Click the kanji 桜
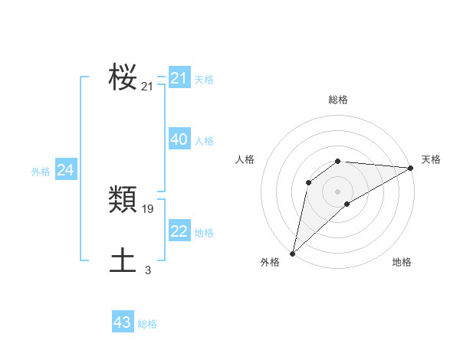click(123, 77)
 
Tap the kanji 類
click(123, 200)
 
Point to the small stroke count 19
click(148, 208)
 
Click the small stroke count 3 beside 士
click(148, 270)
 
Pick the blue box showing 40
click(179, 139)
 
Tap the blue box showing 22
click(179, 231)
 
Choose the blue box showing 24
click(66, 170)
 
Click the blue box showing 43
click(123, 322)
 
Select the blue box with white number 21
click(179, 78)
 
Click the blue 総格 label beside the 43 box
click(147, 324)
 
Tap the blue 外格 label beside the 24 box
click(41, 172)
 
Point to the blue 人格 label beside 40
click(204, 141)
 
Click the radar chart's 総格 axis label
click(337, 100)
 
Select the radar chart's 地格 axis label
click(402, 263)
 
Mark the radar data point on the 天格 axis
click(412, 168)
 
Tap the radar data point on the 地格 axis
click(347, 204)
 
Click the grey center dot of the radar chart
click(337, 191)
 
